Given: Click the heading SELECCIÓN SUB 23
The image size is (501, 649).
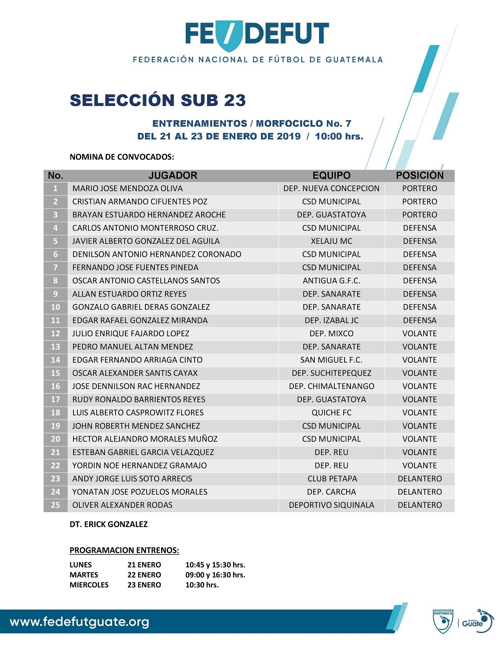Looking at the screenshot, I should click(x=158, y=100).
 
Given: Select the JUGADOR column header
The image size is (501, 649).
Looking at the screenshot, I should click(x=173, y=175).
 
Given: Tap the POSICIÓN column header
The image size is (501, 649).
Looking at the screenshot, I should click(x=419, y=175).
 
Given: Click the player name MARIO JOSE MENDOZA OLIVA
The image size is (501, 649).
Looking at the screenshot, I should click(x=127, y=188).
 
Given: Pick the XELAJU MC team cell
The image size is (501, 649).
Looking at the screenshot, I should click(x=331, y=241).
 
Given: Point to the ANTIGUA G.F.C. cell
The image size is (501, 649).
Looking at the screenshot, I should click(x=331, y=281).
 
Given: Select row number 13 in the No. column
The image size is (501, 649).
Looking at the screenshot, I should click(x=55, y=347).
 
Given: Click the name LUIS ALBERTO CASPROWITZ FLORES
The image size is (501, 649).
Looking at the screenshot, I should click(x=138, y=413).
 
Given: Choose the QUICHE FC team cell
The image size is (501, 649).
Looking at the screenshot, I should click(x=331, y=413).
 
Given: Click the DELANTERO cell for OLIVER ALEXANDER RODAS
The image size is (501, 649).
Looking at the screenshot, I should click(x=419, y=505).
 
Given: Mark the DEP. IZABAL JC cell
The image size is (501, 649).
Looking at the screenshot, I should click(x=331, y=321).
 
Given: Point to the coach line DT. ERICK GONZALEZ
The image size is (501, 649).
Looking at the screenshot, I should click(x=108, y=524).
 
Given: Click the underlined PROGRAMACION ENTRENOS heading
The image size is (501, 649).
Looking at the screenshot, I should click(x=124, y=550).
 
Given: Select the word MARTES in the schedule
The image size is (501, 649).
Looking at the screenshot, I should click(x=84, y=575).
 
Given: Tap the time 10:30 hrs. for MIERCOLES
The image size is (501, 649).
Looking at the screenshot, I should click(x=202, y=585).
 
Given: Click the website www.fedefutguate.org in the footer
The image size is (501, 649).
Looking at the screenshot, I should click(x=79, y=622).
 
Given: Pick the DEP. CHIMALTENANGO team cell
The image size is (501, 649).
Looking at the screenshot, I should click(x=331, y=386).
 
